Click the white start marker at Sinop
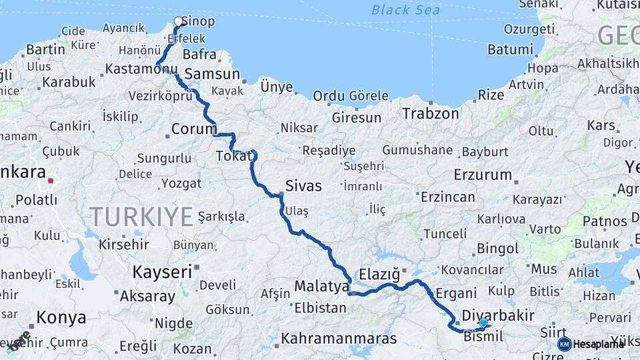(x=179, y=21)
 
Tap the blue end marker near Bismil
(x=483, y=323)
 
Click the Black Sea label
(x=405, y=10)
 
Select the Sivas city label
(x=303, y=186)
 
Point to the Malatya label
(x=322, y=287)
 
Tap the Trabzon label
(x=431, y=113)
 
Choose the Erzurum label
(x=483, y=175)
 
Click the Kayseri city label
(x=162, y=271)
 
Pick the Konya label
(x=61, y=317)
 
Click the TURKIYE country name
(x=141, y=216)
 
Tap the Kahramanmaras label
(x=339, y=339)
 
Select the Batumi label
(x=511, y=49)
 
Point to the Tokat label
(x=235, y=156)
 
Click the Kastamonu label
(x=142, y=69)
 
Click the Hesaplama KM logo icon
(x=565, y=344)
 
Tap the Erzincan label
(x=448, y=197)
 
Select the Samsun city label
(x=212, y=74)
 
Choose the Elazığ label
(x=379, y=274)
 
